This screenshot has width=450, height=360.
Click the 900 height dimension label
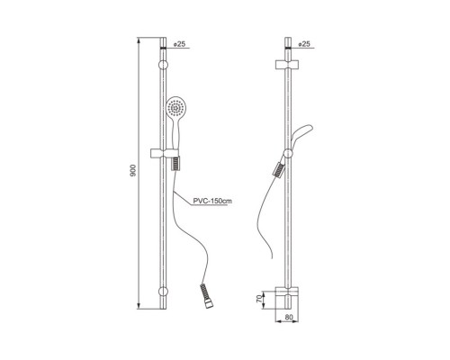pos(133,170)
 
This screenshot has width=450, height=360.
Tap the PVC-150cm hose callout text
pos(212,201)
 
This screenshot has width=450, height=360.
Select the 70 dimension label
pos(259,299)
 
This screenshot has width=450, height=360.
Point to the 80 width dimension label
pos(289,317)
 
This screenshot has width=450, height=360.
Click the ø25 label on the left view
pos(179,44)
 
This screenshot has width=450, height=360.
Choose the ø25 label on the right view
pos(303,44)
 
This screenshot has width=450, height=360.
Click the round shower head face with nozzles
pos(175,107)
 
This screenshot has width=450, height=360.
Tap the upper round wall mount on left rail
pos(163,65)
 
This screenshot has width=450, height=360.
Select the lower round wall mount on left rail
pos(163,292)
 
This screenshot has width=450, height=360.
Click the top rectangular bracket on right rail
pos(287,65)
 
